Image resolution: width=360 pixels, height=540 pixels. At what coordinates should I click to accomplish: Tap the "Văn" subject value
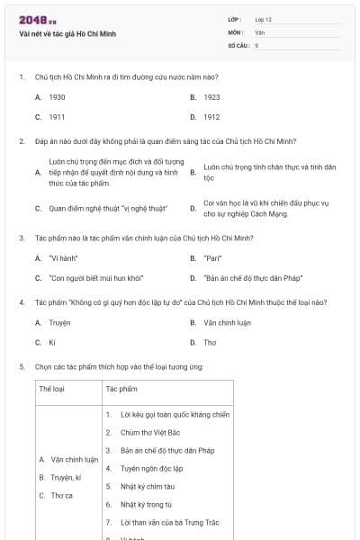pos(259,31)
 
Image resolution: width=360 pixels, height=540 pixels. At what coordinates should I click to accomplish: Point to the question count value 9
pos(256,44)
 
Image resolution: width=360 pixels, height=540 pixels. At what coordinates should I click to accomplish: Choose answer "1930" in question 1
pos(57,96)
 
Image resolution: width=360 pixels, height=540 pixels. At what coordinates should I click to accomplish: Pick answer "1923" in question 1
pos(211,96)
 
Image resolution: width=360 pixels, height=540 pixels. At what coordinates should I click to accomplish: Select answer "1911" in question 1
pos(57,117)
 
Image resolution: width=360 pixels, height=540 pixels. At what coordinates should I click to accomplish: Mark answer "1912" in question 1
pos(211,117)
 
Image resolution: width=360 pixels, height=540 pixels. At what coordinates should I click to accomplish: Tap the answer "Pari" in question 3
pos(212,258)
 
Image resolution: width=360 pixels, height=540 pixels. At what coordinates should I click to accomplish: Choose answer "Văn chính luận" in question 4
pos(227,322)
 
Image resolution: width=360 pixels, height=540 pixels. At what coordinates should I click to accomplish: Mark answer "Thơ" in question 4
pos(210,343)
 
